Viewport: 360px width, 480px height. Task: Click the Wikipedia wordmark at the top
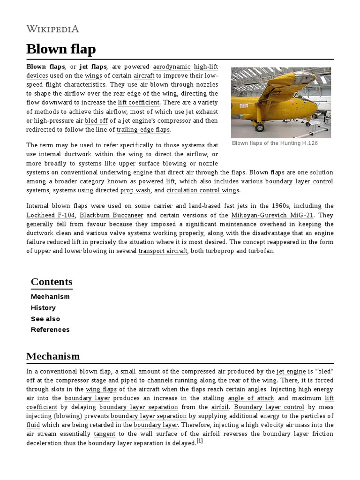coord(52,29)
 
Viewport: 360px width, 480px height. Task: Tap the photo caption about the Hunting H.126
coord(275,143)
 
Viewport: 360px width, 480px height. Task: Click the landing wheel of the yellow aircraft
coord(259,127)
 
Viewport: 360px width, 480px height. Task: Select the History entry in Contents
coord(43,307)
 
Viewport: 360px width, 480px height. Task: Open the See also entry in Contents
coord(45,319)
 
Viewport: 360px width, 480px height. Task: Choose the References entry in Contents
coord(50,330)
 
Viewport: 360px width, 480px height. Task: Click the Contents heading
coord(52,282)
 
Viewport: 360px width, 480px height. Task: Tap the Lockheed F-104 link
coord(51,215)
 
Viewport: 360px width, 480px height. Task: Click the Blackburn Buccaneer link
coord(111,215)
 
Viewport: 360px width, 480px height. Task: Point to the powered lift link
coord(157,181)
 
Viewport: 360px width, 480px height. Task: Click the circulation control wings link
coord(202,190)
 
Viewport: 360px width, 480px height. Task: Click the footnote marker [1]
coord(200,441)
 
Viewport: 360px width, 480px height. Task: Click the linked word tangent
coord(104,434)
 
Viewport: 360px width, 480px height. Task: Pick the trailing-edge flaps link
coord(143,129)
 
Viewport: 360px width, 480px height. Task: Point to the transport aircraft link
coord(163,251)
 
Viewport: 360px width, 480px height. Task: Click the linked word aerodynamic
coord(172,67)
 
